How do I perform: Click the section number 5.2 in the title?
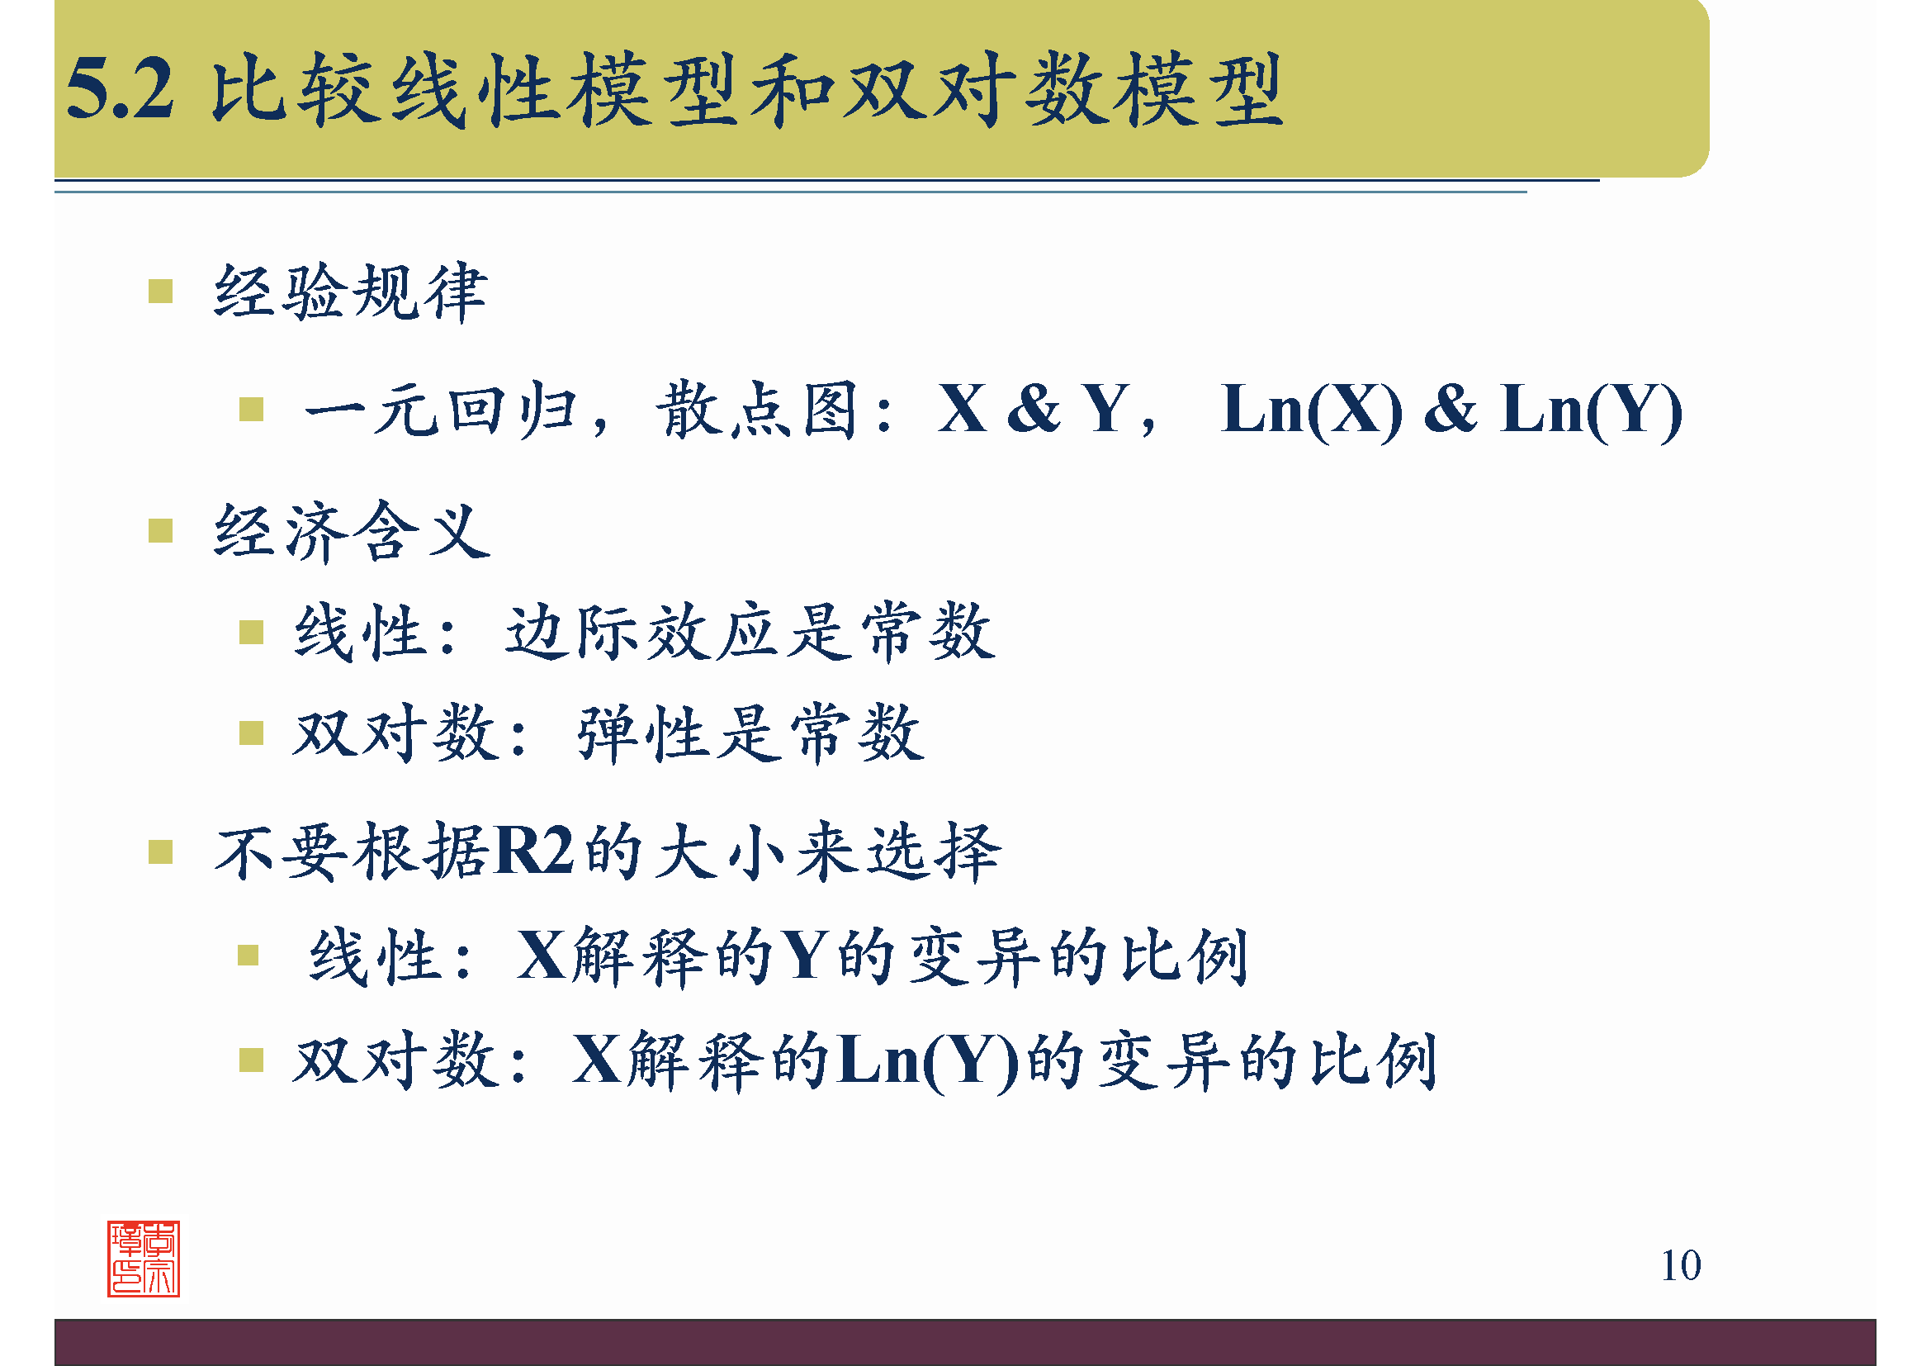click(x=121, y=89)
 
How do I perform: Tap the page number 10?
click(x=1680, y=1265)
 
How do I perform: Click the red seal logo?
click(x=144, y=1259)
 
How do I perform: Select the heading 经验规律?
click(x=350, y=292)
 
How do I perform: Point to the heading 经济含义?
click(x=352, y=532)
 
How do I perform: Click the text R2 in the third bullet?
click(x=534, y=851)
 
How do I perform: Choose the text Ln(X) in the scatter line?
click(x=1311, y=410)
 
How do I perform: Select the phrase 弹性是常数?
click(x=750, y=733)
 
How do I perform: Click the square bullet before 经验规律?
click(x=161, y=291)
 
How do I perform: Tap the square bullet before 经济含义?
click(x=161, y=531)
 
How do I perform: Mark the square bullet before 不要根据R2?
click(x=161, y=852)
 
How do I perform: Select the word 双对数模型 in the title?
click(x=1064, y=89)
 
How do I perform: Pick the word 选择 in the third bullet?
click(x=934, y=851)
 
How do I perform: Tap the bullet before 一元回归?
click(x=252, y=410)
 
